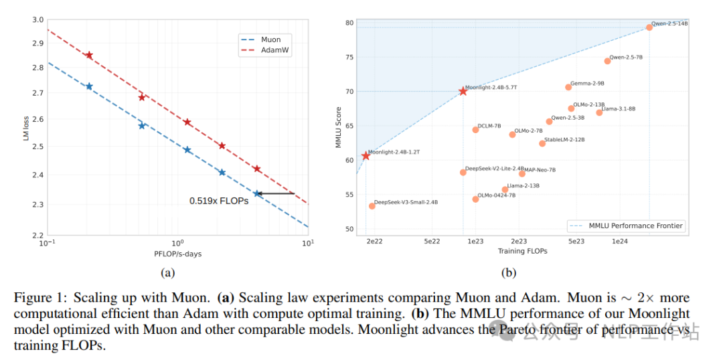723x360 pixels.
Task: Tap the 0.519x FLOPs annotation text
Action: [219, 200]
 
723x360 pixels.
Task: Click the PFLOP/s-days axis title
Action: [177, 254]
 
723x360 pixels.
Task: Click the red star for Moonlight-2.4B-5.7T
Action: [463, 91]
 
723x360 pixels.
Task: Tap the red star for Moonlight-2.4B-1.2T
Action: [366, 156]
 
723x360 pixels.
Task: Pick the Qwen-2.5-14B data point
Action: [649, 27]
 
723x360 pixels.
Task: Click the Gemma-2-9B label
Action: [587, 84]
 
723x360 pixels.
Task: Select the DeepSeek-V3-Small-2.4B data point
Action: [372, 206]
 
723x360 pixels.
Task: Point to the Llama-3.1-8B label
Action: [619, 108]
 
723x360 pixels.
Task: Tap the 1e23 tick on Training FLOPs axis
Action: [475, 241]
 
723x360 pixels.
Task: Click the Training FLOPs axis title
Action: [522, 251]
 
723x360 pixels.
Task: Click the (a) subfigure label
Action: [167, 272]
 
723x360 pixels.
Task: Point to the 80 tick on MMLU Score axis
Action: [349, 23]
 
